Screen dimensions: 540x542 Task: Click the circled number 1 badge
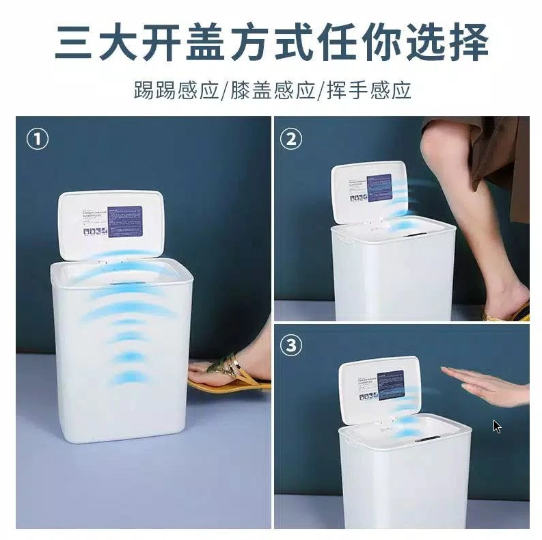[37, 139]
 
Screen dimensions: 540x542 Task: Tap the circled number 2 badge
[292, 139]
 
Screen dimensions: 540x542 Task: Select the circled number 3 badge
[292, 346]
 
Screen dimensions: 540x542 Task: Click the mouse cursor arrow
[497, 427]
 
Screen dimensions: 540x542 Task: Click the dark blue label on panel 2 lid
[379, 187]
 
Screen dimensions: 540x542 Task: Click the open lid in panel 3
[379, 386]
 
